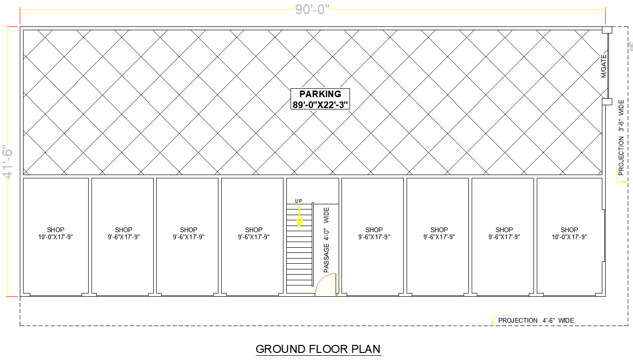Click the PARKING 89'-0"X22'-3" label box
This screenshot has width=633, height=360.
[321, 99]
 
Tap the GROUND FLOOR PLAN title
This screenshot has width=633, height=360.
[318, 349]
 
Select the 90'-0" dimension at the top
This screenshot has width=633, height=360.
[312, 9]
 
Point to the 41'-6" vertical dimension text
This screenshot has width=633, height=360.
[8, 161]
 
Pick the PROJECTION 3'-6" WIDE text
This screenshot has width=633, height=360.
[621, 137]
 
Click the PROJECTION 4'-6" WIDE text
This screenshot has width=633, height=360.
[536, 320]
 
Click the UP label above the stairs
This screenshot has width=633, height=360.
[299, 201]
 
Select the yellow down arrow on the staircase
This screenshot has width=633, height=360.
[299, 218]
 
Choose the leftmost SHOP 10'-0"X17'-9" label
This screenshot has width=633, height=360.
[56, 234]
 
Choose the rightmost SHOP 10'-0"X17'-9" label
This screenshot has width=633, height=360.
[569, 234]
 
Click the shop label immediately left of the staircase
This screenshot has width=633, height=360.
[254, 234]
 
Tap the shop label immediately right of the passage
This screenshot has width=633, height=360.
[374, 234]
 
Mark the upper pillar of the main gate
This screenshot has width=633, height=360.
[607, 30]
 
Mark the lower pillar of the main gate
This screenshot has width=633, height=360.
[607, 101]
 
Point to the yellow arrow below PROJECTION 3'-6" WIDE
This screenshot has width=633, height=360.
[622, 181]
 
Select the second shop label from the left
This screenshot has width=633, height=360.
[124, 234]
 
